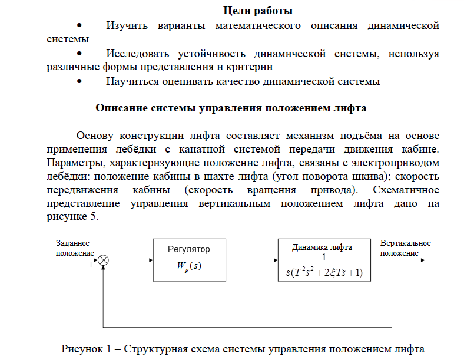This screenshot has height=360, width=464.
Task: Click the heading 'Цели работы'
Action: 258,10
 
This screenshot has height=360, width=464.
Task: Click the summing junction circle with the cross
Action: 104,259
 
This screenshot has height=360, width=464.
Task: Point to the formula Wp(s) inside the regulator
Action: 188,266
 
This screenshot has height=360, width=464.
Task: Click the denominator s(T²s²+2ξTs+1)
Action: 324,272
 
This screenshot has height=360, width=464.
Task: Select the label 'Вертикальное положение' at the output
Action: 405,248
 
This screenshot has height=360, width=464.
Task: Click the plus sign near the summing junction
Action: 91,266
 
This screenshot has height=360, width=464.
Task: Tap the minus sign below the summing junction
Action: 109,272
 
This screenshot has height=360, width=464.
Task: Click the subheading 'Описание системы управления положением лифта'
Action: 231,108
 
